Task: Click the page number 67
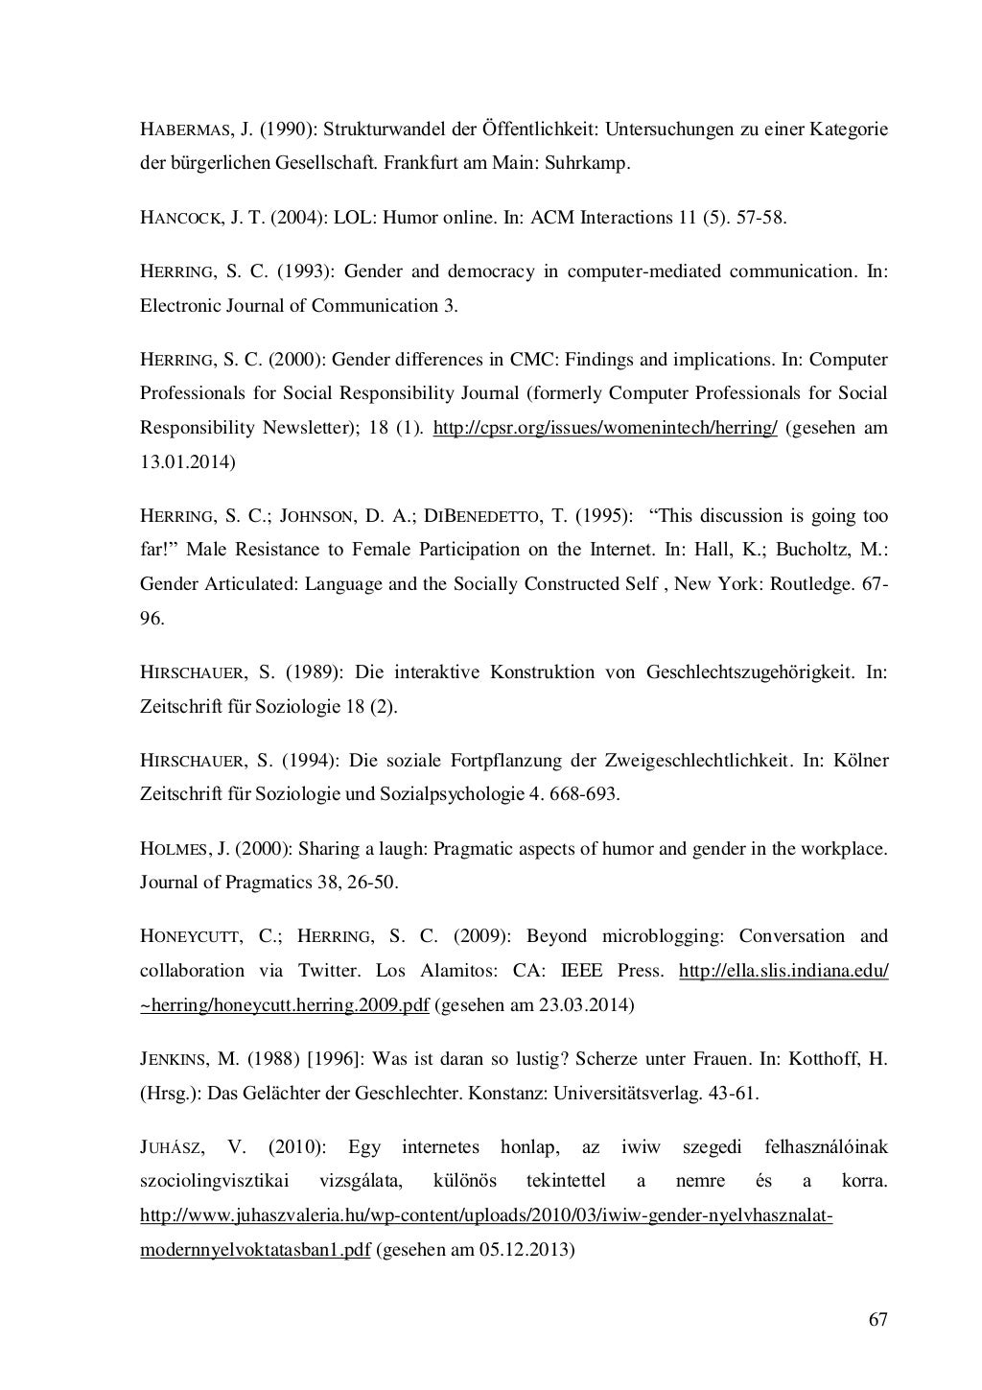pyautogui.click(x=877, y=1320)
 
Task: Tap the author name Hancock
pyautogui.click(x=181, y=218)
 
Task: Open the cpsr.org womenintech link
pyautogui.click(x=605, y=428)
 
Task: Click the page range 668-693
pyautogui.click(x=581, y=794)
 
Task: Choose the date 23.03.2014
pyautogui.click(x=589, y=1005)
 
